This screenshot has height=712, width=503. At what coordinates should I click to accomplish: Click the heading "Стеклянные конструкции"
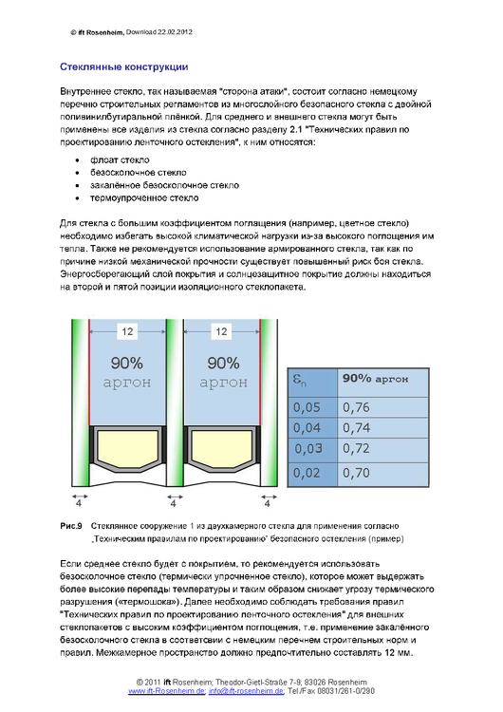124,67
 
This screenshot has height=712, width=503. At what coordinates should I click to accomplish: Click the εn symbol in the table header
298,380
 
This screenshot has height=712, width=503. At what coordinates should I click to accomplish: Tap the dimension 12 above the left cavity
126,332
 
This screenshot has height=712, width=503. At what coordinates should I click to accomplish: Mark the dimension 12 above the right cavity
221,332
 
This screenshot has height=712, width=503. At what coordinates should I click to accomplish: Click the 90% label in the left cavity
126,363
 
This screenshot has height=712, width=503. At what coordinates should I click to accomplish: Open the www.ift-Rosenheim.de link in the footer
166,692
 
